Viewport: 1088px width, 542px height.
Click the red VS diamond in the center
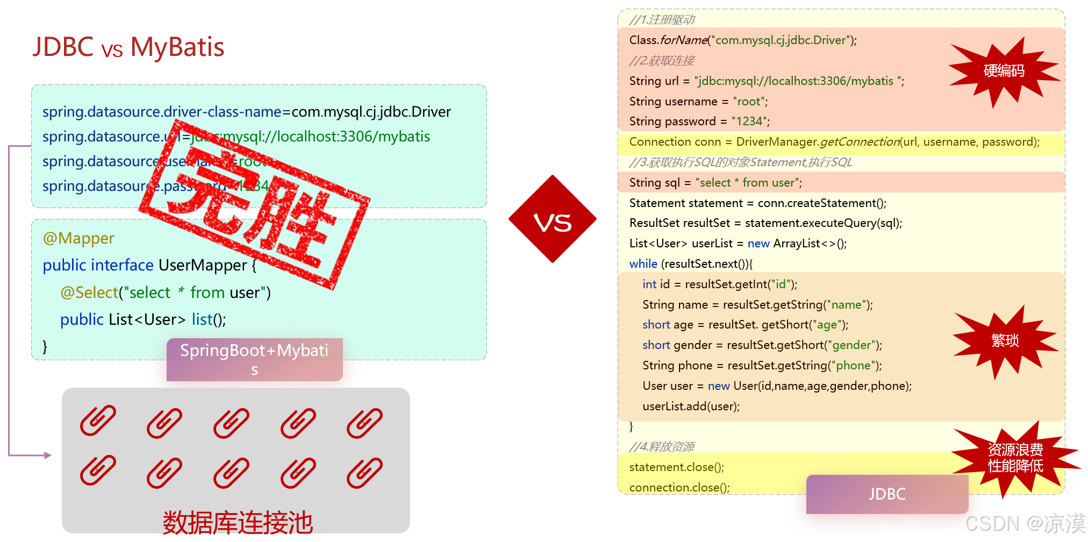coord(552,219)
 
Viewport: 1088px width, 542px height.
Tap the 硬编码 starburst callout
coord(1003,71)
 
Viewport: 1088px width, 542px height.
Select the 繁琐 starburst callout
coord(1004,340)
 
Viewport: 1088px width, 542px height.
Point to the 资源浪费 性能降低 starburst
coord(1015,458)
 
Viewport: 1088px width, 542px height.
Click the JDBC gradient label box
coord(886,494)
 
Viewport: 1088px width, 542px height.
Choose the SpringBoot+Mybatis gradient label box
coord(254,359)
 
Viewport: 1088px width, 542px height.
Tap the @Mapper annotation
coord(78,238)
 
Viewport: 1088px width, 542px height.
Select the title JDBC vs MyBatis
coord(128,47)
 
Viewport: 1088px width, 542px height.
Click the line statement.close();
coord(676,467)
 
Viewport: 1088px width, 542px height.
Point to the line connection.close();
coord(679,488)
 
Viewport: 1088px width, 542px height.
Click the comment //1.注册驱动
coord(662,20)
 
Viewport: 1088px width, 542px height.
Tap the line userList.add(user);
coord(691,406)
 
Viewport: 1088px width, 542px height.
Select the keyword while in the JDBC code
coord(643,264)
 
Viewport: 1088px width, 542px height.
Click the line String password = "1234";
coord(699,122)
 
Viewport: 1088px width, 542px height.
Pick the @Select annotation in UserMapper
coord(89,293)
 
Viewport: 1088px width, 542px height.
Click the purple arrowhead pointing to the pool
coord(48,455)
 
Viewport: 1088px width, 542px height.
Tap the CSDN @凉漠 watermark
coord(1025,523)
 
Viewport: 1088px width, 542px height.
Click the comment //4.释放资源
coord(662,447)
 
